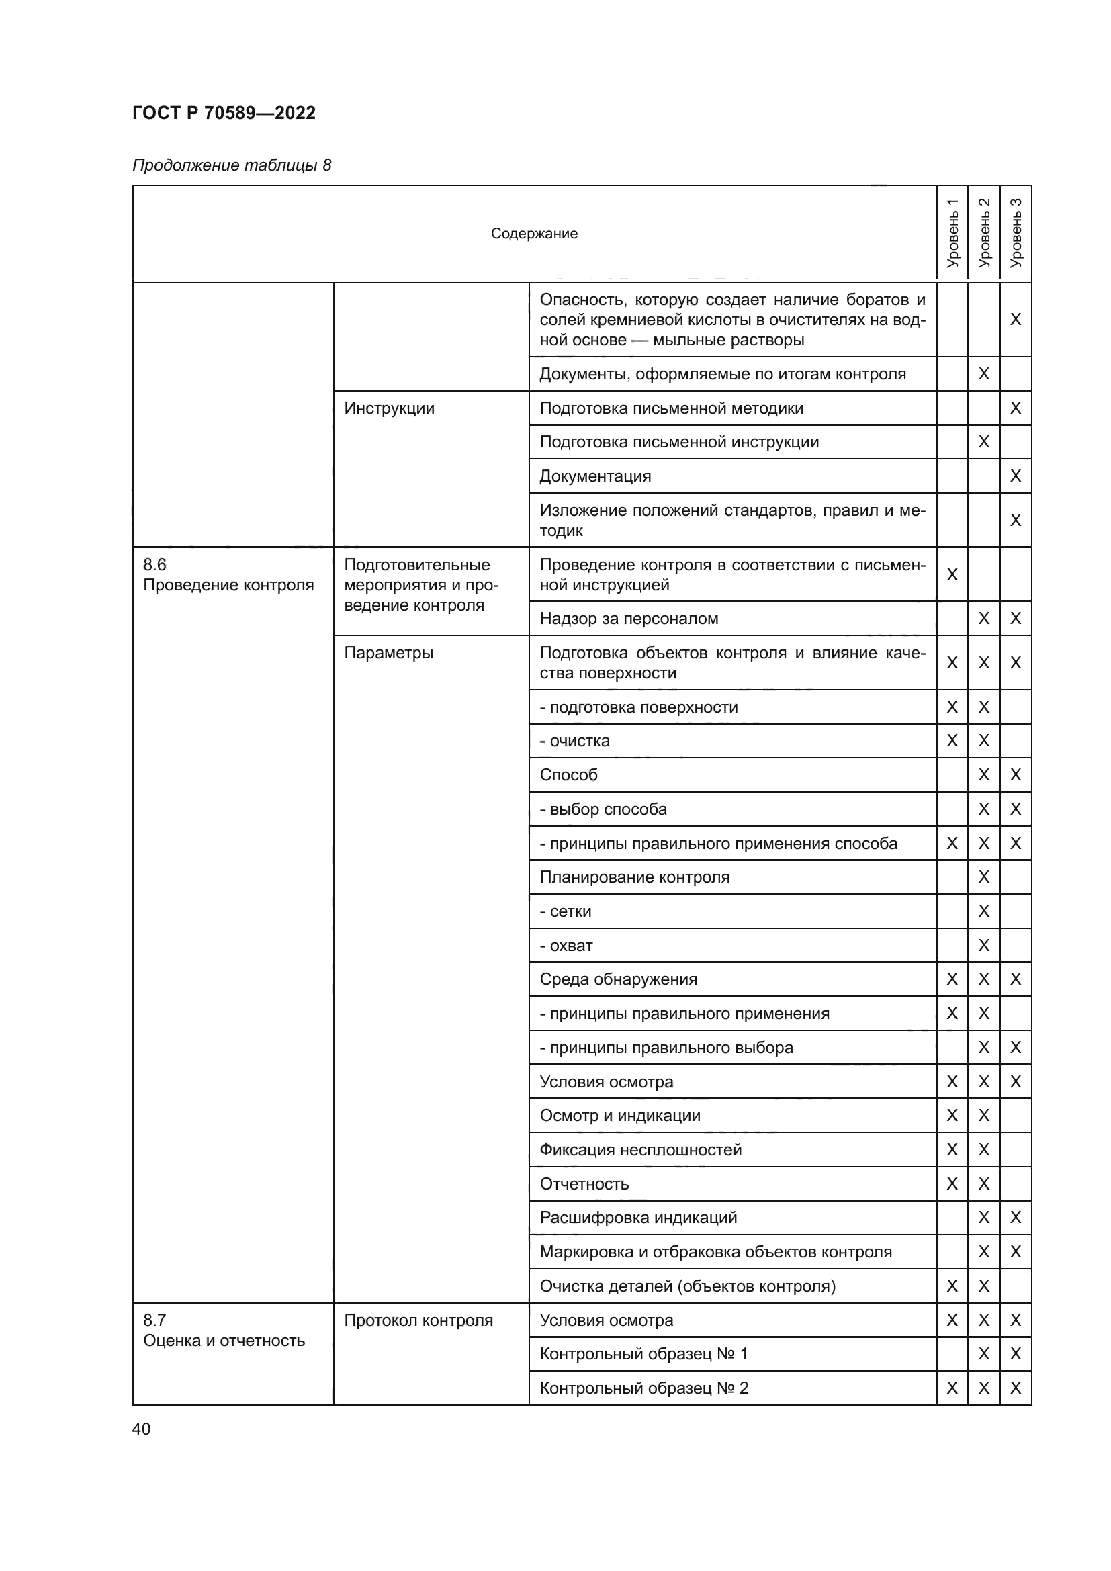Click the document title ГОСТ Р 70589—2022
(224, 113)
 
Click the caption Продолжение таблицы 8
(231, 165)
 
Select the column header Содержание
(533, 233)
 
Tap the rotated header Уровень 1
(952, 232)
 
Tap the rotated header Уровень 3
(1015, 232)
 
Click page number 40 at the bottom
(141, 1429)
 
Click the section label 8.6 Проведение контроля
(228, 575)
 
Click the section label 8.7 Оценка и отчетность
(224, 1330)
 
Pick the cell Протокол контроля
(418, 1320)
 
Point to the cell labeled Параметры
(388, 653)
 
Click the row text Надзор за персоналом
(629, 619)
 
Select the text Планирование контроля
(634, 877)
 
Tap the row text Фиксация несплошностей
(640, 1149)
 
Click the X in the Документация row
(1015, 476)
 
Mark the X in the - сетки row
(984, 911)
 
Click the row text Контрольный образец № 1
(643, 1353)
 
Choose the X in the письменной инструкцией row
(952, 575)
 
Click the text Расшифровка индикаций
(637, 1217)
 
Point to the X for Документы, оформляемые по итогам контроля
(984, 373)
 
